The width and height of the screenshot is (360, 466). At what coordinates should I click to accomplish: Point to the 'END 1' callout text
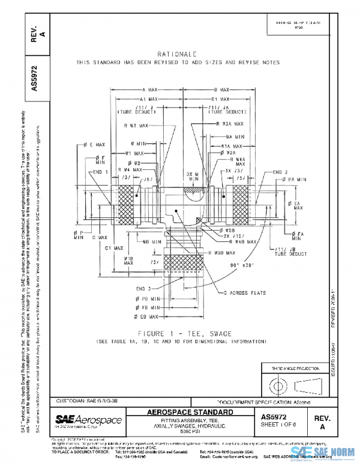[x=100, y=172]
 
